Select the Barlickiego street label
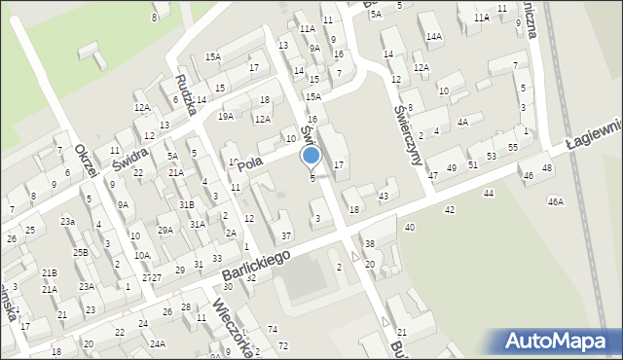coord(256,264)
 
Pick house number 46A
coord(555,201)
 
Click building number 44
coord(488,194)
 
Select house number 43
coord(384,197)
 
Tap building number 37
coord(286,236)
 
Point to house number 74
coord(273,330)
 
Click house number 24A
coord(158,343)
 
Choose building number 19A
coord(226,117)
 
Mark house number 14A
coord(433,36)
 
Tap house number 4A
coord(463,122)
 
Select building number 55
coord(513,146)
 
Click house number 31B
coord(186,204)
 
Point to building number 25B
coord(80,253)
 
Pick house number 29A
coord(165,230)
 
